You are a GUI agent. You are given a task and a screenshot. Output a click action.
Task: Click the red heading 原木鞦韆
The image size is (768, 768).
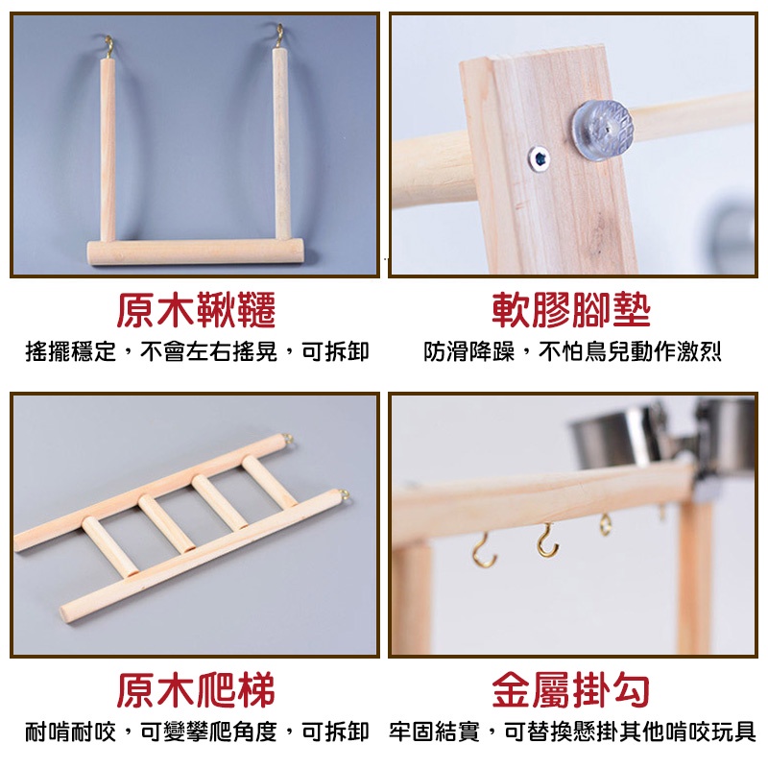click(196, 309)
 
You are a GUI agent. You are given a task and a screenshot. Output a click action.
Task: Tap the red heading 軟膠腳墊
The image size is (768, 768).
click(571, 309)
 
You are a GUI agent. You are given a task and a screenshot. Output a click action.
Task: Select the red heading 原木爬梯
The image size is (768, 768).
click(196, 689)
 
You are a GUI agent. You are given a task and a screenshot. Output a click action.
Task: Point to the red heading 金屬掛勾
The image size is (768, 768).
click(571, 689)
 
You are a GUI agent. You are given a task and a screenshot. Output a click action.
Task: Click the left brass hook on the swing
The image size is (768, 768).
click(109, 46)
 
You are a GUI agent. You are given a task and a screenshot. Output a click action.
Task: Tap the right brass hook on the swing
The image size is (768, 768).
click(279, 36)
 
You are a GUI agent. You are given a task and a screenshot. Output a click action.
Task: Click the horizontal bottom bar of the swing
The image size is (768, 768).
click(196, 252)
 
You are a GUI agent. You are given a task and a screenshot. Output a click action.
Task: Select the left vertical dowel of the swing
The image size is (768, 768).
click(108, 149)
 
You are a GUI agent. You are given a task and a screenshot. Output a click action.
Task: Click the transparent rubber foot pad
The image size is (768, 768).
click(602, 129)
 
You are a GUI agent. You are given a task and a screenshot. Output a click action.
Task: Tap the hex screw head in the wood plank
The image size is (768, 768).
click(540, 158)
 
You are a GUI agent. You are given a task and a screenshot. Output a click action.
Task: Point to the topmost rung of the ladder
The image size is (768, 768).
click(269, 481)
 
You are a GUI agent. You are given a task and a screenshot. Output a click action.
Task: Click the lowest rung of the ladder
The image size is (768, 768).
click(110, 545)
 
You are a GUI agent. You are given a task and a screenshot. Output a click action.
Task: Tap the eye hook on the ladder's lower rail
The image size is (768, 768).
click(344, 494)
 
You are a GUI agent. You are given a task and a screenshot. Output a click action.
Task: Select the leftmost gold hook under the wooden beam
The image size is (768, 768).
click(484, 551)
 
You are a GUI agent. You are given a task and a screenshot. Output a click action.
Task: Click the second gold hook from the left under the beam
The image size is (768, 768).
click(547, 541)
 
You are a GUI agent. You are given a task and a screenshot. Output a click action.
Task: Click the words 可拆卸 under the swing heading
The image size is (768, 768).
click(335, 351)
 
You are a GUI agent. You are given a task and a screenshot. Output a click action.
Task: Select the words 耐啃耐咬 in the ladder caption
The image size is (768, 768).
click(70, 732)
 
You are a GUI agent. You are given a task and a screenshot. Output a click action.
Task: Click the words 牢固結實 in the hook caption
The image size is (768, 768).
click(435, 732)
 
